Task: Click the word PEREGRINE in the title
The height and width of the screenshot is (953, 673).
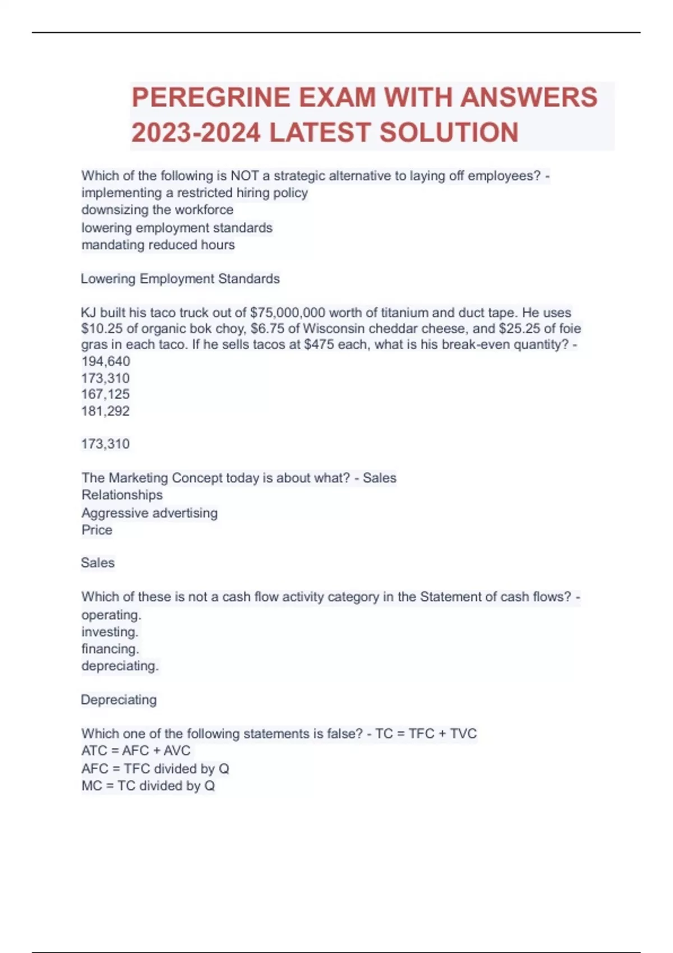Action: [210, 98]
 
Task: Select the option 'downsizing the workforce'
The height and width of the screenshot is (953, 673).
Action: [158, 210]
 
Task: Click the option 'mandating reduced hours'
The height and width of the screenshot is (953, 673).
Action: [158, 245]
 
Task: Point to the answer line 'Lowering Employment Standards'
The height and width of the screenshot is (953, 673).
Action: [180, 279]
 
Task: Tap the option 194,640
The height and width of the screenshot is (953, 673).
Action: [105, 361]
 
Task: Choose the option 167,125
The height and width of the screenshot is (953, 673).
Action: [105, 394]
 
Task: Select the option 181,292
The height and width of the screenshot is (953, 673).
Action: [105, 411]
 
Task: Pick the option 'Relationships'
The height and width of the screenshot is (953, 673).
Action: [122, 495]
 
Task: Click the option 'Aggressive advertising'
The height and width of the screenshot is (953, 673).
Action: [149, 513]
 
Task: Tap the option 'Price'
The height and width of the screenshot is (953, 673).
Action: [96, 530]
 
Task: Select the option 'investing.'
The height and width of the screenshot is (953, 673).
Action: [109, 632]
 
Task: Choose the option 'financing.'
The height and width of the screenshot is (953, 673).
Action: [110, 649]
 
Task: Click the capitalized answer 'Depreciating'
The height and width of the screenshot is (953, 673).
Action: [118, 700]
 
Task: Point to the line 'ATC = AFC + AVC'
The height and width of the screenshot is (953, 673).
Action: [136, 751]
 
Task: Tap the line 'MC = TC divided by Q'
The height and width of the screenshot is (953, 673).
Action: [148, 785]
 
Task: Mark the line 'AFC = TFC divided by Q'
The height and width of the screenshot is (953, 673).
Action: [155, 769]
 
